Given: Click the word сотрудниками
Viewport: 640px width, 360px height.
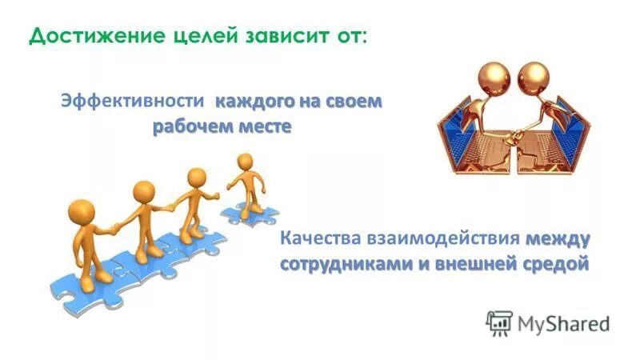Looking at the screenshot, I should point(345,265).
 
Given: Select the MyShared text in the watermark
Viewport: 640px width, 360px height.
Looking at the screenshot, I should point(563,323).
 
